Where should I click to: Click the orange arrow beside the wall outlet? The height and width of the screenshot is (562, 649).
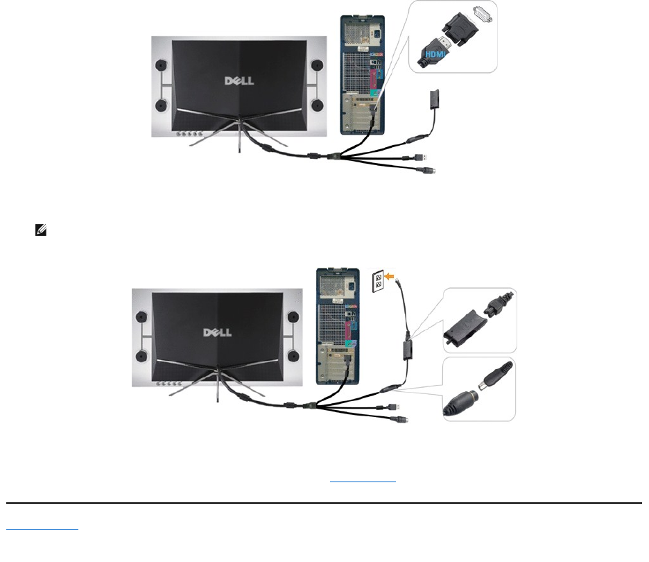[393, 276]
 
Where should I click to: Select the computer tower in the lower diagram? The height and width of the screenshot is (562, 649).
[338, 325]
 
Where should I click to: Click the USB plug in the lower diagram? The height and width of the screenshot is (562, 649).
[401, 409]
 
